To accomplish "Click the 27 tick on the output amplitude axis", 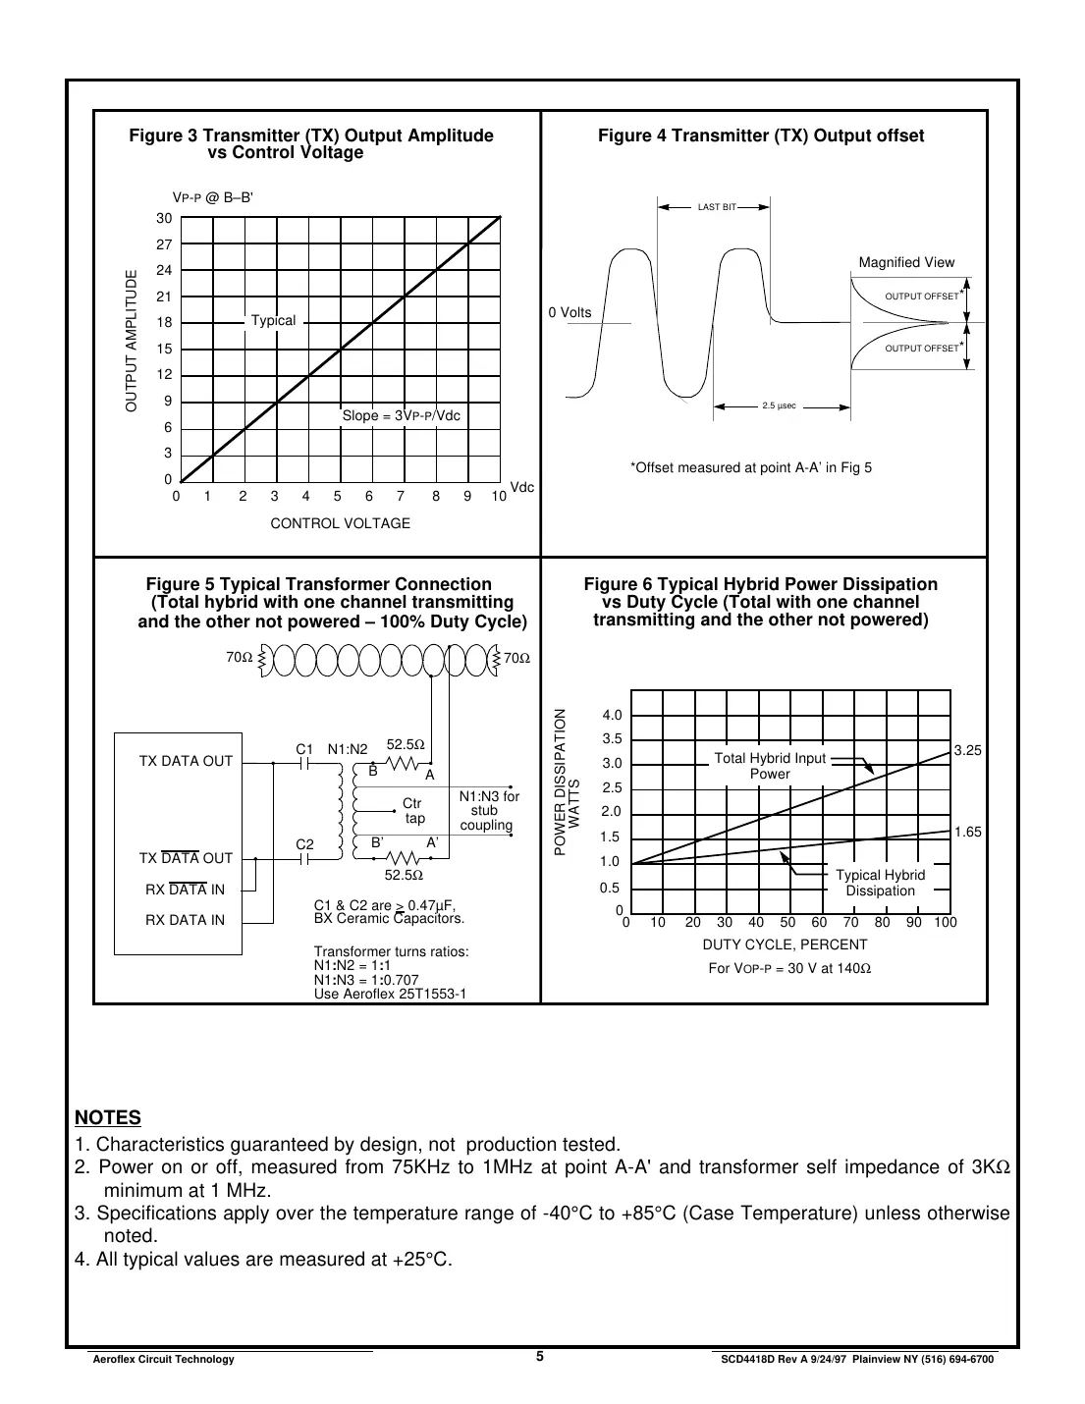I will (x=164, y=244).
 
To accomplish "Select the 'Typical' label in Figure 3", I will (x=273, y=321).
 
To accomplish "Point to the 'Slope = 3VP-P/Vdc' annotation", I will (x=401, y=416).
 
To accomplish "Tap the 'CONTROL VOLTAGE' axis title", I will (x=340, y=523).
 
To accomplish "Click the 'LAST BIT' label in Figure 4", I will (x=716, y=207).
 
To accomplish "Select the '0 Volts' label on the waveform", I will (x=570, y=312).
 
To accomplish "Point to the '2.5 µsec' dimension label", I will (x=779, y=405).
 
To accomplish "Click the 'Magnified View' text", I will (x=906, y=262).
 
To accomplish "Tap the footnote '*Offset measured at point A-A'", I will (x=750, y=467).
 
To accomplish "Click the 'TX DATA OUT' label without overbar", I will (x=186, y=761).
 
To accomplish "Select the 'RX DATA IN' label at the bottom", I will (x=185, y=920).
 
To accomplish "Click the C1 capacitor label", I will (x=304, y=749).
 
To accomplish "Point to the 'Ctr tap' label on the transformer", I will (x=413, y=811).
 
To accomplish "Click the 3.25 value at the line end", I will (x=967, y=750).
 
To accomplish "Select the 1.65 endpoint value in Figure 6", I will (x=967, y=832).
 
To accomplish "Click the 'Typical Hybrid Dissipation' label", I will (x=880, y=883).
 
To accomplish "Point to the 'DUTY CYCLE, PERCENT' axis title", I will (x=785, y=945).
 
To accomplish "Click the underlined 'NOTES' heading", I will (x=108, y=1117).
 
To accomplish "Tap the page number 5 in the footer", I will (x=540, y=1357).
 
